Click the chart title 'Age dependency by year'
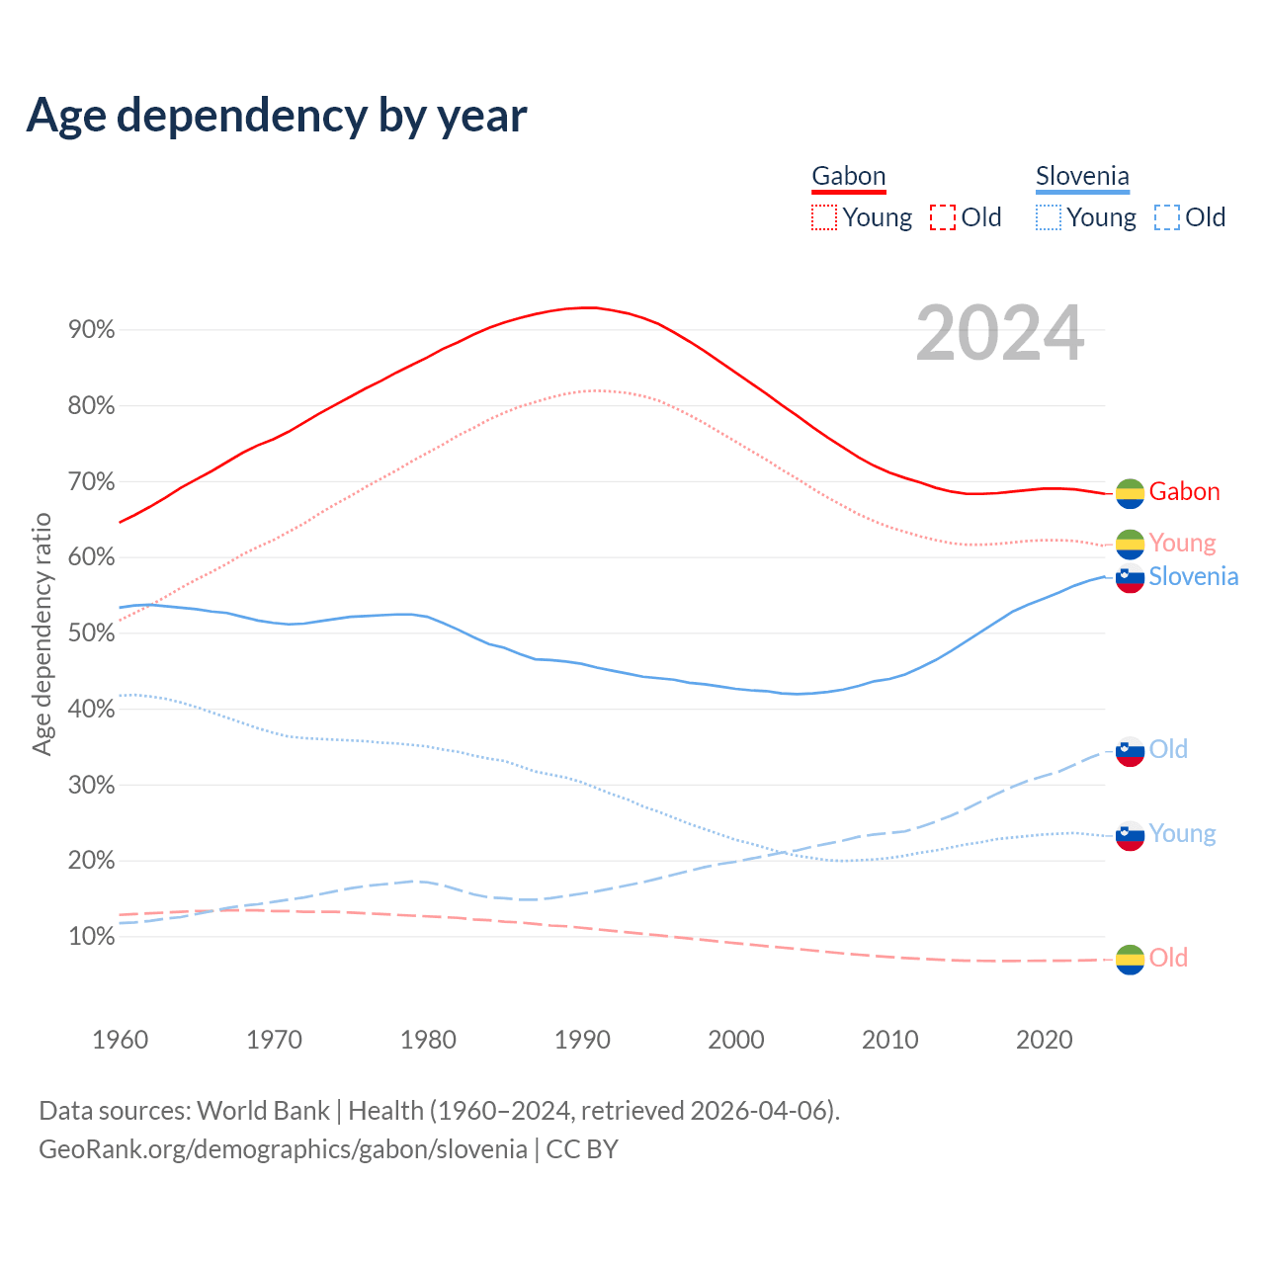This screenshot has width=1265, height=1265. [x=277, y=115]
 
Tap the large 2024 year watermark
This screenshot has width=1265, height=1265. [x=1000, y=334]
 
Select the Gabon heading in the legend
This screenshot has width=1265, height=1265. [x=849, y=176]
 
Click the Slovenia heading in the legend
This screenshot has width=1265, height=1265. [x=1082, y=176]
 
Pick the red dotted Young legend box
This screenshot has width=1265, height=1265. [x=823, y=217]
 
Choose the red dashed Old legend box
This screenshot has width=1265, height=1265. [x=943, y=217]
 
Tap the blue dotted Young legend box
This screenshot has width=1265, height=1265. [x=1049, y=217]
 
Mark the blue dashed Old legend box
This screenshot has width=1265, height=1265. [x=1167, y=217]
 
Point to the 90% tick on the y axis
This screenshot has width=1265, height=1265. [x=92, y=330]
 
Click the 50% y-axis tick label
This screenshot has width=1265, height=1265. [x=92, y=633]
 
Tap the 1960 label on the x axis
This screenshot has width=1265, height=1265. [x=120, y=1040]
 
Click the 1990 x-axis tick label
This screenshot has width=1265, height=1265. [x=582, y=1040]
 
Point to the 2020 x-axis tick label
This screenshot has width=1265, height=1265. [x=1045, y=1040]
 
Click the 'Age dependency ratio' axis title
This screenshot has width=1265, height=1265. [x=42, y=633]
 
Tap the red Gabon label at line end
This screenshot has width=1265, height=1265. [x=1184, y=491]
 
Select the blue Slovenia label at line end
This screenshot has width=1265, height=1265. [x=1193, y=576]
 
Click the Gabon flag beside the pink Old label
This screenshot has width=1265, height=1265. [x=1130, y=959]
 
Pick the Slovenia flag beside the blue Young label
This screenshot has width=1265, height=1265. [x=1130, y=835]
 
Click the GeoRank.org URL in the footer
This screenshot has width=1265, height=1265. [x=283, y=1149]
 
